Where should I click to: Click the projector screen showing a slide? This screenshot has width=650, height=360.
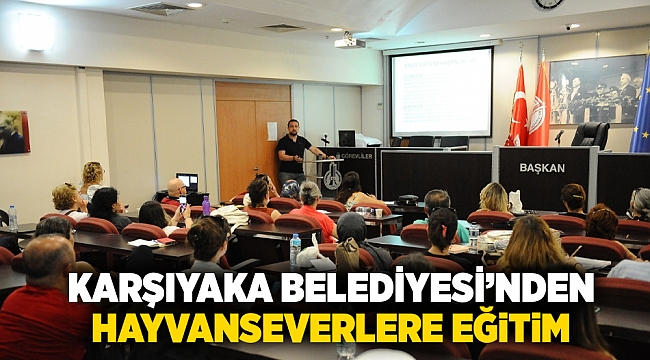tap(441, 92)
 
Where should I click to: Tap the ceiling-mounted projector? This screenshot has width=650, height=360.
tap(348, 42)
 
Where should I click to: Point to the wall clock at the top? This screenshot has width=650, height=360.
tap(548, 4)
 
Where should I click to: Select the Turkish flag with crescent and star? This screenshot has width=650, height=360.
tap(518, 107)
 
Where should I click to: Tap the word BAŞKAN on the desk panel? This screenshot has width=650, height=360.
tap(542, 168)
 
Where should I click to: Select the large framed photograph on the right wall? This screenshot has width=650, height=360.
tap(597, 90)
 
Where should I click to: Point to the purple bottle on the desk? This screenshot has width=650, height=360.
tap(206, 206)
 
